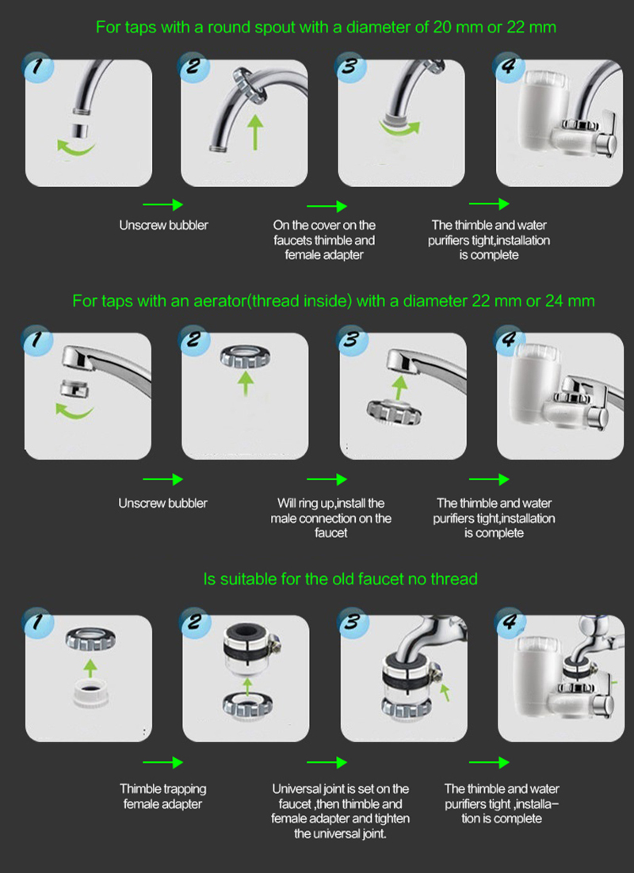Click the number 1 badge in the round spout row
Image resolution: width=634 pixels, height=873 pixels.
coord(38,67)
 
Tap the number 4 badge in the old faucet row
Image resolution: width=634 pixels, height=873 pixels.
coord(510,621)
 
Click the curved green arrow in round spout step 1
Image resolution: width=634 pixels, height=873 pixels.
coord(76,148)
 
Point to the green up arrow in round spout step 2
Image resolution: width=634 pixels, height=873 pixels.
coord(255,132)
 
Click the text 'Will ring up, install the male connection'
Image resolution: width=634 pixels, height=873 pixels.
coord(331,510)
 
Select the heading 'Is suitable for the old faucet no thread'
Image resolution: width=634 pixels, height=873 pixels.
coord(341,578)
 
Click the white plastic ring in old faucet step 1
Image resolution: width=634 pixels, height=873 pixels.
coord(90,693)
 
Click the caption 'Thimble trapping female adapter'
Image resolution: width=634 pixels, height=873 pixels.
coord(162,796)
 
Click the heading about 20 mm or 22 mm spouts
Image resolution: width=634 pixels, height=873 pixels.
coord(326,27)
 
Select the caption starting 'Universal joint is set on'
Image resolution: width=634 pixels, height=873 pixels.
coord(341,810)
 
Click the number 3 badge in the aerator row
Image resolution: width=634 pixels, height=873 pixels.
coord(352,340)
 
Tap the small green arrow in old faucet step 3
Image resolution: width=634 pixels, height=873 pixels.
coord(445,692)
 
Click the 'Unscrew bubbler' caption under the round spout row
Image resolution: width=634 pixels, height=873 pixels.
coord(163,225)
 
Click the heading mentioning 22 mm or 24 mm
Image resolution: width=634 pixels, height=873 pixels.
coord(333,301)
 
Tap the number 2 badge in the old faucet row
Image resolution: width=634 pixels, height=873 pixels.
coord(194,621)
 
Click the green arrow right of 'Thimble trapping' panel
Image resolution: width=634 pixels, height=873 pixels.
coord(162,762)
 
